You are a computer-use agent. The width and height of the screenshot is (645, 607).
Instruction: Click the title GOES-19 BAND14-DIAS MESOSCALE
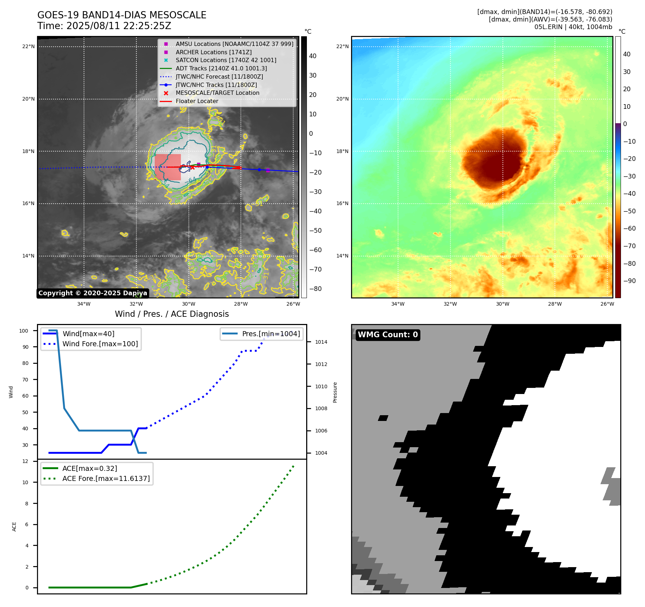point(122,15)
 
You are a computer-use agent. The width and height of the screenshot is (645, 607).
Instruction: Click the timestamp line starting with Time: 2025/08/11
point(104,26)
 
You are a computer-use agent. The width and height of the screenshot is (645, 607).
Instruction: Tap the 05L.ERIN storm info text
point(573,27)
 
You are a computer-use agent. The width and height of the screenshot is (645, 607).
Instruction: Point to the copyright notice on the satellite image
point(93,293)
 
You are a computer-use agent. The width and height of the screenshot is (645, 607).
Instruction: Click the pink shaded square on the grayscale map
point(168,167)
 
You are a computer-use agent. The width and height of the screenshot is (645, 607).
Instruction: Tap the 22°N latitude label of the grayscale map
point(28,46)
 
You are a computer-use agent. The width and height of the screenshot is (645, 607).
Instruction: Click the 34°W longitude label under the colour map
point(398,304)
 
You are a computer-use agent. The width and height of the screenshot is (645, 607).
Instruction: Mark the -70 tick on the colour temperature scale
point(629,246)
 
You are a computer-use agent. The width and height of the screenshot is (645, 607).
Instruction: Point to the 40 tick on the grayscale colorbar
point(313,56)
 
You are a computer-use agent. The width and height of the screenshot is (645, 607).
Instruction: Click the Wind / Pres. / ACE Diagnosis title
point(172,314)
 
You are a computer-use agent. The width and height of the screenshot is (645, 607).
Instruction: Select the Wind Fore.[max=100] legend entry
point(100,344)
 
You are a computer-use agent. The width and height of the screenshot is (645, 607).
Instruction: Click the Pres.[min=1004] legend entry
point(271,334)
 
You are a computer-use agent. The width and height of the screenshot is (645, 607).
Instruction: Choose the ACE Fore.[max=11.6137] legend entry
point(106,478)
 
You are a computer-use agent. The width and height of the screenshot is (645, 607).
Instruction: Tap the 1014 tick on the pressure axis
point(321,342)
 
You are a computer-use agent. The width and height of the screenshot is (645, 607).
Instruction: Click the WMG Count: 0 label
point(388,335)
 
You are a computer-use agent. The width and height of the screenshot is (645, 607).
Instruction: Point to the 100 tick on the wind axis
point(24,331)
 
